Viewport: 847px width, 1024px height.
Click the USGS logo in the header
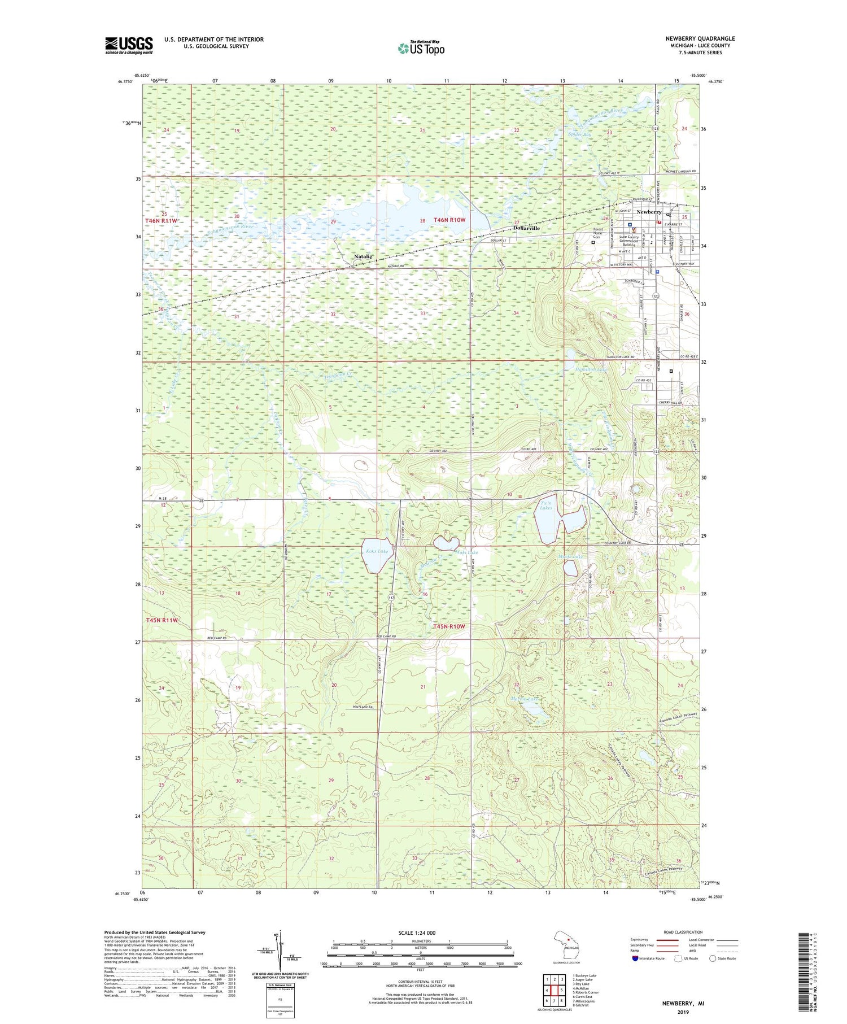click(x=129, y=45)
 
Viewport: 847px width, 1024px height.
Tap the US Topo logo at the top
click(x=421, y=49)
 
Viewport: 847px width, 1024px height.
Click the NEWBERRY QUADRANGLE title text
click(x=700, y=38)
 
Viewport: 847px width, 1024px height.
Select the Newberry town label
click(x=649, y=212)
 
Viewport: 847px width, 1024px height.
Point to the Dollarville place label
click(x=526, y=228)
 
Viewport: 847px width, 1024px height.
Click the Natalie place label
click(x=363, y=256)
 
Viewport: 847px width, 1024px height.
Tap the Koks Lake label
click(x=377, y=551)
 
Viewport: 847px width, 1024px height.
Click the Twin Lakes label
click(x=546, y=506)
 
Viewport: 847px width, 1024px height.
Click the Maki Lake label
click(x=468, y=552)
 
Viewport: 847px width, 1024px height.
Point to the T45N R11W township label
click(x=162, y=620)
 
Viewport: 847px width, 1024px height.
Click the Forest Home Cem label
click(x=597, y=233)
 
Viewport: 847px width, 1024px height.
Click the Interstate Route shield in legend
click(x=635, y=958)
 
